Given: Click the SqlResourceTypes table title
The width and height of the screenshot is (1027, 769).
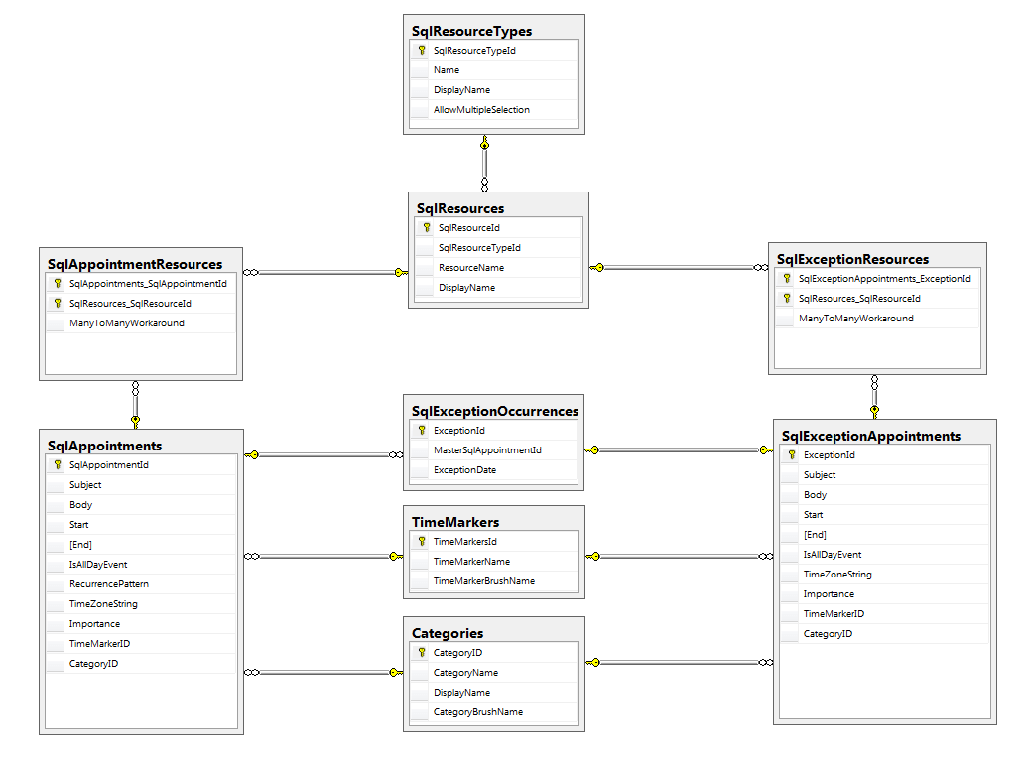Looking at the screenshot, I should (471, 31).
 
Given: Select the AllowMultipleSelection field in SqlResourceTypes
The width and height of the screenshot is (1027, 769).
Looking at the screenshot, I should (481, 110).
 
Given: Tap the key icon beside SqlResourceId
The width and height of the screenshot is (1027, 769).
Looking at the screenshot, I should (426, 228).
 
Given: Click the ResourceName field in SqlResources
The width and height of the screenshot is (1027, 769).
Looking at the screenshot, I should (470, 268).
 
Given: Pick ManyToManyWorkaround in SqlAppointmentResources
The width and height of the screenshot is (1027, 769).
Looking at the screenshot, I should (126, 323).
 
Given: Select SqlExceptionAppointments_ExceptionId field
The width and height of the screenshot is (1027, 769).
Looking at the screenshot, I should (884, 279).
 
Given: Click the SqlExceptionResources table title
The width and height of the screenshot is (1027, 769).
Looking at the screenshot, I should (852, 260).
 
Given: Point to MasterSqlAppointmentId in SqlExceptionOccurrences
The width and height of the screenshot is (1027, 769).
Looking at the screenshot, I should (487, 450).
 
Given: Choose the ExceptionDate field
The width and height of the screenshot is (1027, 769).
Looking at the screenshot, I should (464, 470).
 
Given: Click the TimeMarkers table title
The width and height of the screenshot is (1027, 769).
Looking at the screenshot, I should (455, 522).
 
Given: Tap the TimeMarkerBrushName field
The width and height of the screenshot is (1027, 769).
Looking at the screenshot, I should (483, 581).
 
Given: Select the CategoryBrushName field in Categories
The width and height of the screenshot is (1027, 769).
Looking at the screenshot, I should (477, 712).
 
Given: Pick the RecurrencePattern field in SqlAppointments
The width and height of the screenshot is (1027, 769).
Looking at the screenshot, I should (108, 584).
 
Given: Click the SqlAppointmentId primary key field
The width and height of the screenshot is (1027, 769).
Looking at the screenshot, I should (108, 465).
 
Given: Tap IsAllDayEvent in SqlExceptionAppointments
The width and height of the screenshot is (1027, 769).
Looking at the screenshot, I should (832, 555).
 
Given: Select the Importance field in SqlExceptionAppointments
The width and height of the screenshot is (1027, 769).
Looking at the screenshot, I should (829, 594).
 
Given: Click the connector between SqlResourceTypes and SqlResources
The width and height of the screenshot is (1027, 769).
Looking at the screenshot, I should (484, 164).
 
